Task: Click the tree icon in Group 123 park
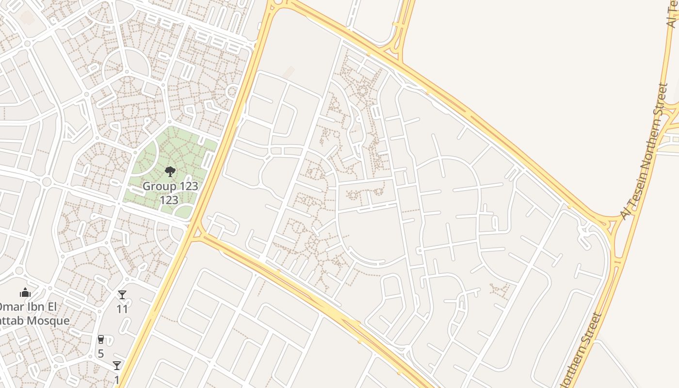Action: tap(170, 171)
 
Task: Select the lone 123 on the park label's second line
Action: tap(169, 200)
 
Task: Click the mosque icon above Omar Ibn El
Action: tap(25, 292)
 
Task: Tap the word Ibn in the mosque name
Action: tap(34, 307)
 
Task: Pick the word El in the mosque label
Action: tap(51, 307)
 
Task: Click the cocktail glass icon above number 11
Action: tap(122, 295)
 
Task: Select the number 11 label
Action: tap(122, 308)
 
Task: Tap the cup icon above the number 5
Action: tap(101, 339)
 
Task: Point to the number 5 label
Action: tap(101, 353)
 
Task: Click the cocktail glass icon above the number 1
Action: tap(117, 366)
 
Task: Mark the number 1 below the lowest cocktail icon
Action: tap(117, 379)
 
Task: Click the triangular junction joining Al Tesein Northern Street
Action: tap(609, 226)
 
